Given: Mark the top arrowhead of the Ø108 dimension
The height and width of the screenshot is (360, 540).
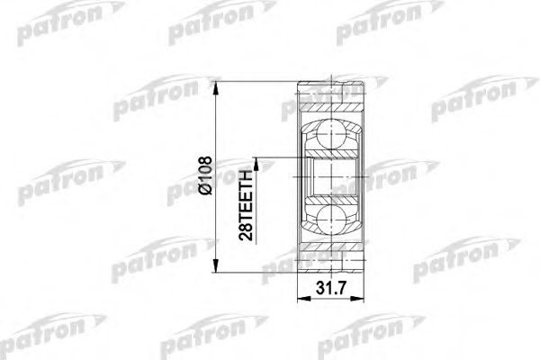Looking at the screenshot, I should [x=217, y=85].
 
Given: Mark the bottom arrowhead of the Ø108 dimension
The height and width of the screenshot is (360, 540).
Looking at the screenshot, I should [x=217, y=267].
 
